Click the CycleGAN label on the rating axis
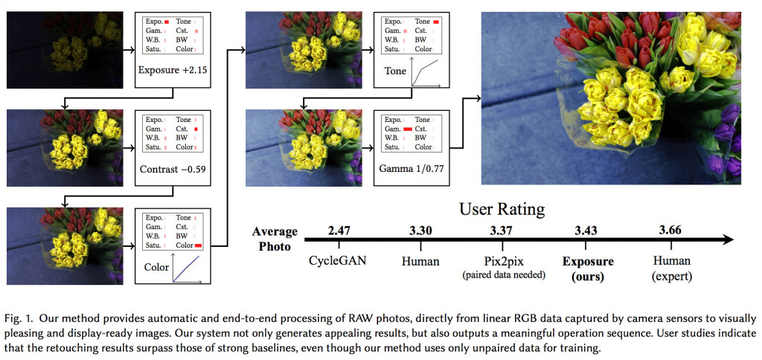click(339, 261)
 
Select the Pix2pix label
click(502, 261)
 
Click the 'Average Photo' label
click(274, 239)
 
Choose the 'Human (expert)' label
click(671, 268)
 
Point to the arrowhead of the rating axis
click(730, 240)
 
